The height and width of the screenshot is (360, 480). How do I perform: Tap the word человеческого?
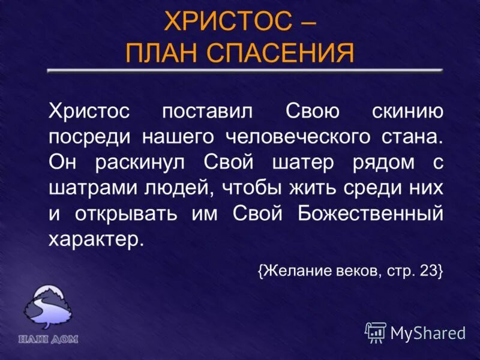point(297,136)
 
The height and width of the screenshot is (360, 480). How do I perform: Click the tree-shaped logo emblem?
point(47,309)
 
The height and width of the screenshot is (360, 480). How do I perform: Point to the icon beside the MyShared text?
point(376,332)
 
